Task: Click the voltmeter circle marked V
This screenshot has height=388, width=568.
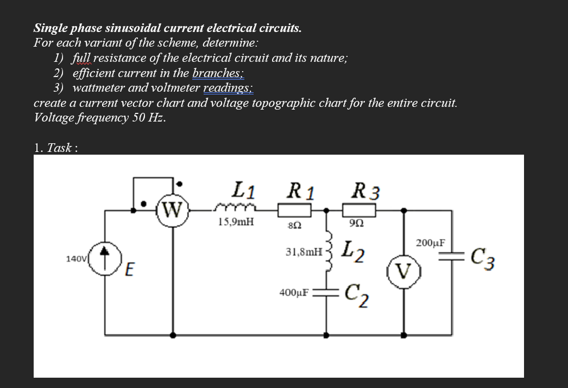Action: click(x=402, y=269)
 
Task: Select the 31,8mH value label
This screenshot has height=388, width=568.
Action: click(x=303, y=252)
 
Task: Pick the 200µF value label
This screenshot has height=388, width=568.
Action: click(x=430, y=243)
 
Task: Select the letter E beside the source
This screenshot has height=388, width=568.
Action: click(x=129, y=269)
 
